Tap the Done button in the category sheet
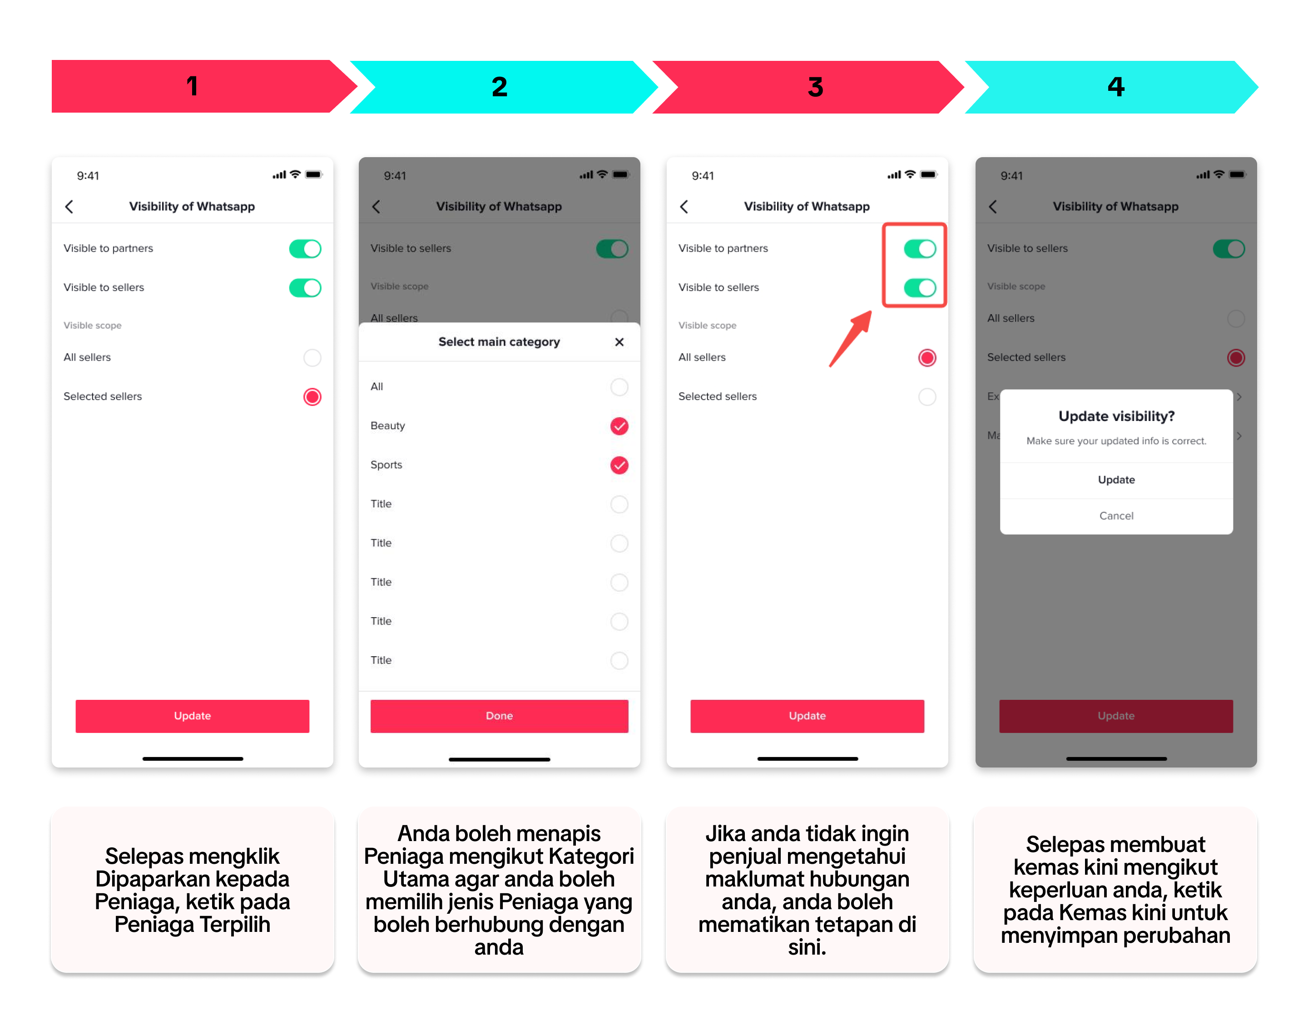499,716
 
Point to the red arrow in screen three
850,339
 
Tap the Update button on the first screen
193,716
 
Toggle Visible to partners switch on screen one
305,248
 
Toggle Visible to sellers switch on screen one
305,287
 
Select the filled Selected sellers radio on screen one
312,397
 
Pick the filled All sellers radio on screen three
927,357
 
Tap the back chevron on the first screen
69,207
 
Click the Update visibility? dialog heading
1116,416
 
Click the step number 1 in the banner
193,86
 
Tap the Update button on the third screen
807,716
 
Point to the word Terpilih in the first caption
235,924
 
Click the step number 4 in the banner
1115,87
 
